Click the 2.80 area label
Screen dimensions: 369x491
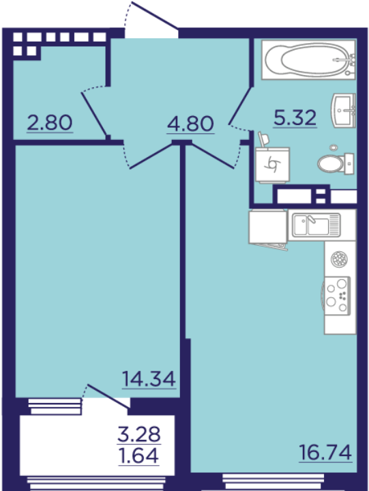50,123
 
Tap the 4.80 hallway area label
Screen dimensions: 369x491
190,124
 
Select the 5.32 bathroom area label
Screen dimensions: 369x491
295,118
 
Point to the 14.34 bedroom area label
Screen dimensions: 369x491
149,379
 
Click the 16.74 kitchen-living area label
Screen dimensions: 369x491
325,453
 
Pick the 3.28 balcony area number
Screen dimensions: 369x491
139,434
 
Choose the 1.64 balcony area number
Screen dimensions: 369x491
139,455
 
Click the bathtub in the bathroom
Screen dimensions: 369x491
309,59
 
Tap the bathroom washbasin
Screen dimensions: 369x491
344,110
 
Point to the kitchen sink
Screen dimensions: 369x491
316,225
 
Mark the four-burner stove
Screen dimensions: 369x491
337,296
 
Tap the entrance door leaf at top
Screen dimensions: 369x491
154,15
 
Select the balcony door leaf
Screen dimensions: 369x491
108,396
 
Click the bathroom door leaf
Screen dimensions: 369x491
240,106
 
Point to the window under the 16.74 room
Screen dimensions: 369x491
273,481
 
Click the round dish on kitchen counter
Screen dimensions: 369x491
339,259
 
